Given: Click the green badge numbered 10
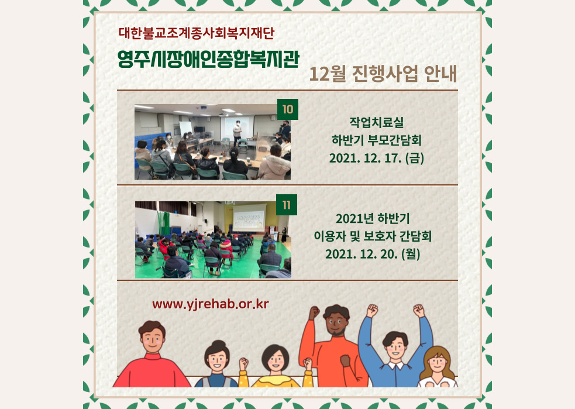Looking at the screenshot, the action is tap(288, 109).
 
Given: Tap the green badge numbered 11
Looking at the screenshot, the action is tap(287, 205).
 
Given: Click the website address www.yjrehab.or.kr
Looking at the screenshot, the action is tap(211, 304).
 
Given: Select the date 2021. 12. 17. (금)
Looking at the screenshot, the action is tap(377, 158).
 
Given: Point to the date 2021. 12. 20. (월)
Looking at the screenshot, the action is tap(373, 254).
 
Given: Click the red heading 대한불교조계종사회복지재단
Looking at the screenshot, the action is tap(197, 33).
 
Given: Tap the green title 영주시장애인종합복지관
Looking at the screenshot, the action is tap(208, 59).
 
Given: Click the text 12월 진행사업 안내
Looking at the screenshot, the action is tap(383, 74).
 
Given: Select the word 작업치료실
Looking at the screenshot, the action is tap(377, 122).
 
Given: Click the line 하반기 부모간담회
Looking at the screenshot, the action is tap(377, 140).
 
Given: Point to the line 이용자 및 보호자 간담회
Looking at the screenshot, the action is tap(373, 236).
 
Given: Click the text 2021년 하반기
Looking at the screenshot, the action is tap(373, 218).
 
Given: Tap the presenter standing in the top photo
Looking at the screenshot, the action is tap(237, 132).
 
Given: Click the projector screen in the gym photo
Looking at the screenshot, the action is tap(249, 217).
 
